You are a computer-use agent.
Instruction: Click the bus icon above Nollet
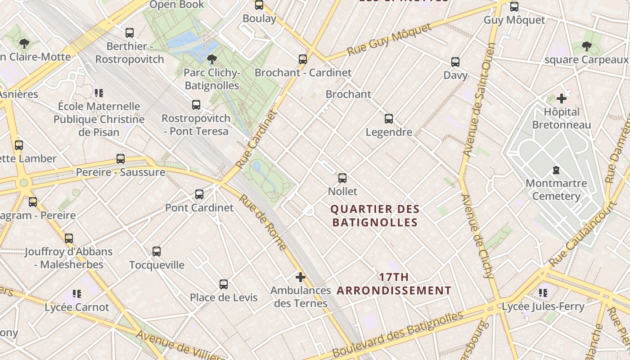pos(342,178)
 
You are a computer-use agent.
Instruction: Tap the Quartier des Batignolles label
pos(375,216)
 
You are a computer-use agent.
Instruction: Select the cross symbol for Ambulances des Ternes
pos(301,277)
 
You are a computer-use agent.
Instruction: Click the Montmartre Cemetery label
pos(556,189)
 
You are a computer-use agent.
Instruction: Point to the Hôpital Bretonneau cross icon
pos(562,99)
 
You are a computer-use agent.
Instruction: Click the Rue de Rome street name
pos(262,222)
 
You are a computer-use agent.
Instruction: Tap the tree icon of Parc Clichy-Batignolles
pos(212,59)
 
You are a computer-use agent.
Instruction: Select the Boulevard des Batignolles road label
pos(398,333)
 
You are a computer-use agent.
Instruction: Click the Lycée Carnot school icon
pos(77,294)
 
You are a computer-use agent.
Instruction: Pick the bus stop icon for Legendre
pos(389,119)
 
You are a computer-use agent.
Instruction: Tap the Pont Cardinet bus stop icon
pos(199,194)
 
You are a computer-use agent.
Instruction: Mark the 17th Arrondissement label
pos(394,284)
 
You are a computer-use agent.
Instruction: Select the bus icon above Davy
pos(455,62)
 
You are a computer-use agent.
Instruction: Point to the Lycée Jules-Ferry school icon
pos(543,293)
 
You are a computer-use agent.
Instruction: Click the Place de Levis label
pos(224,297)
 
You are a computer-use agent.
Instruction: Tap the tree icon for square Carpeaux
pos(586,46)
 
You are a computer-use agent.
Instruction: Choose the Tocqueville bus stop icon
pos(157,252)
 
